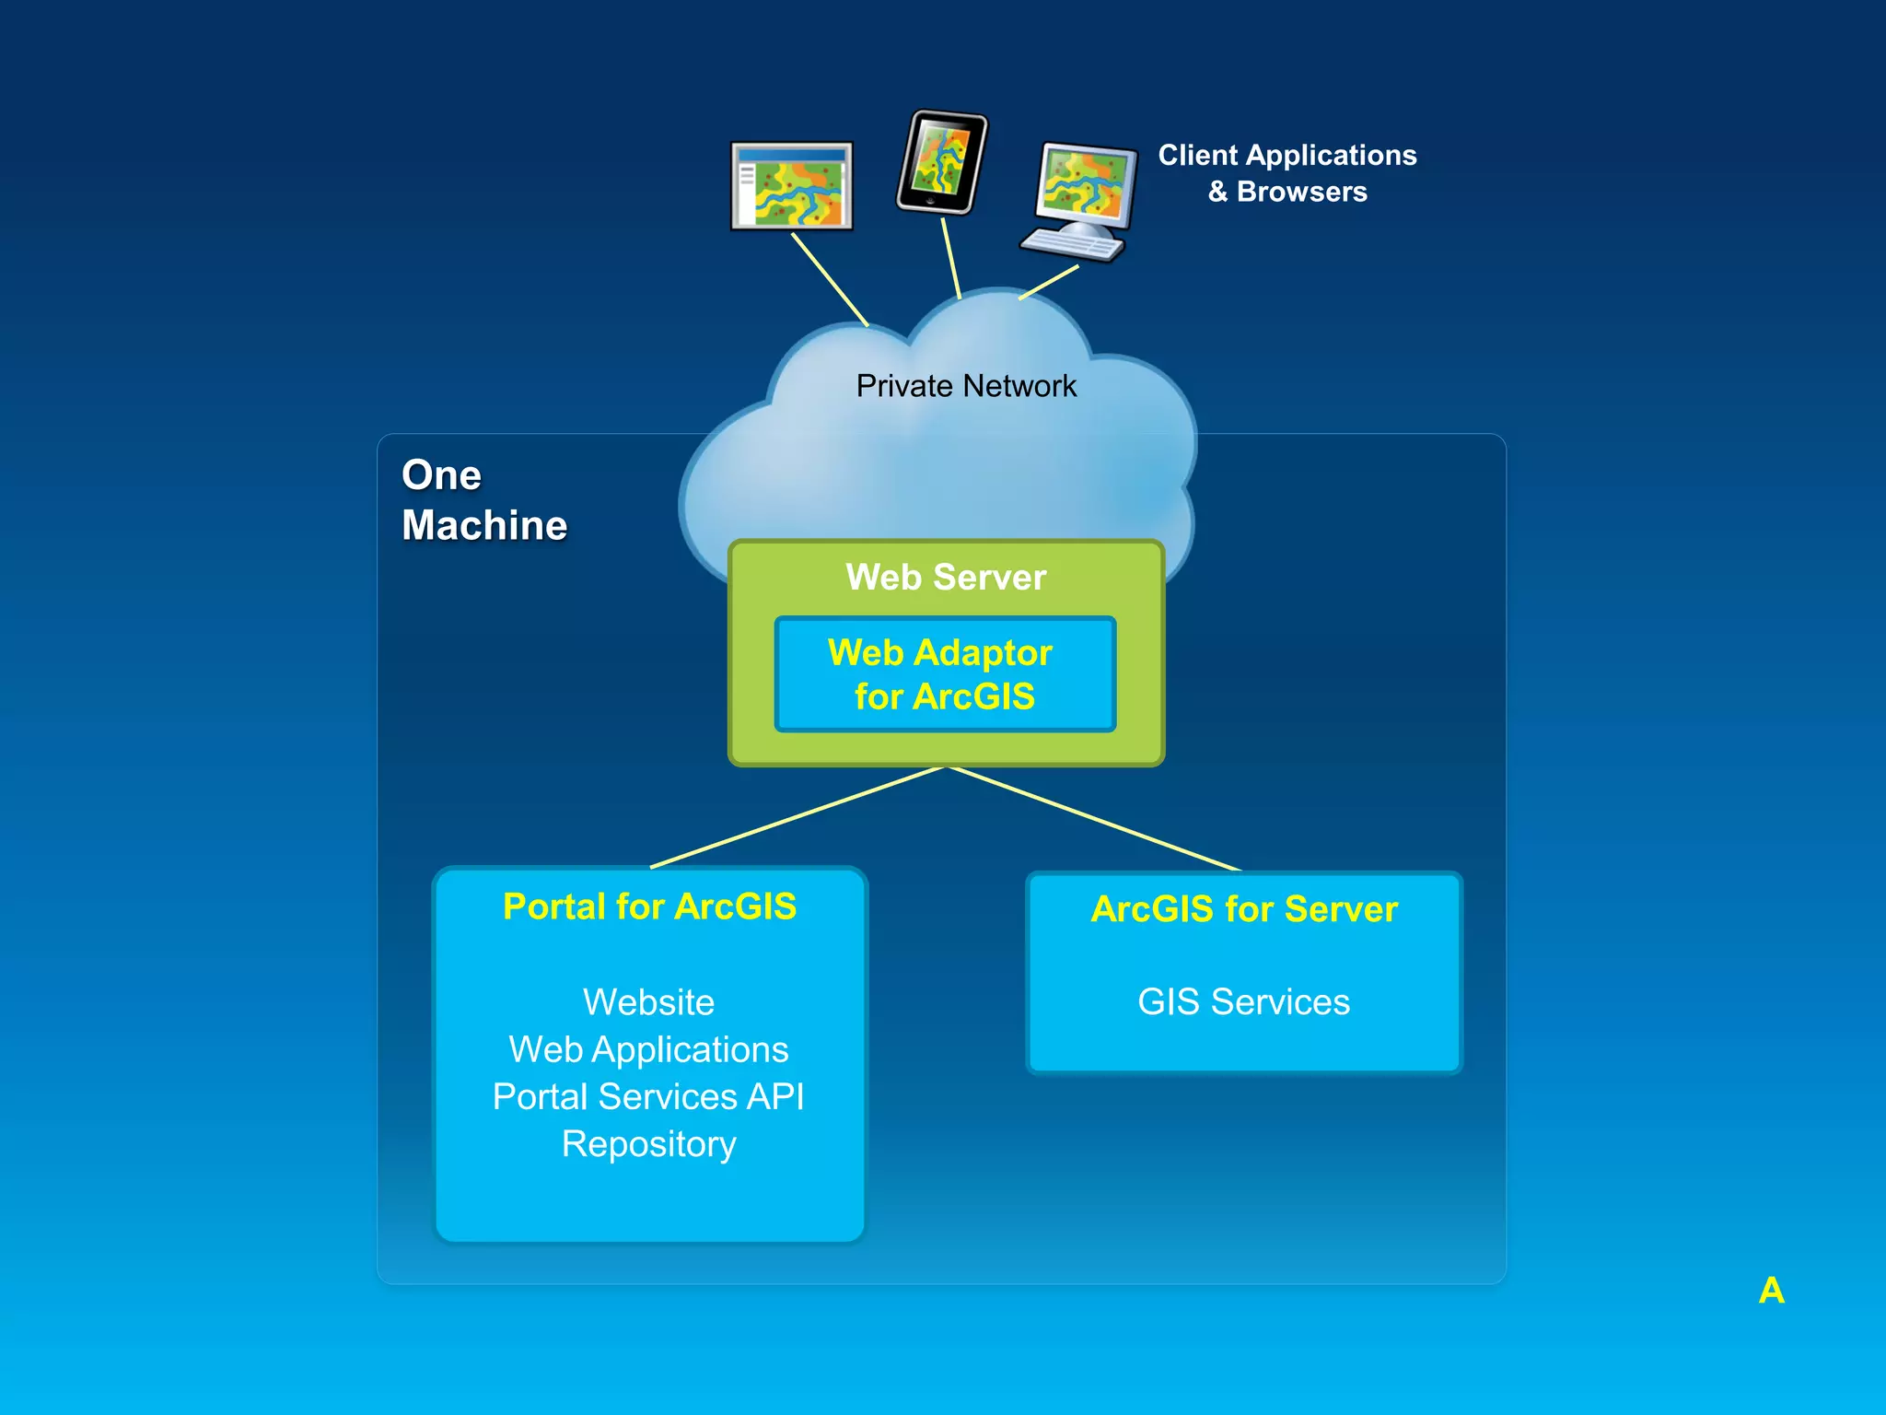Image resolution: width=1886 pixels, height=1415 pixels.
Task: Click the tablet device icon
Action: click(941, 162)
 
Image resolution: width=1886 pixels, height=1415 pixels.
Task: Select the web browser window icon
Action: click(792, 186)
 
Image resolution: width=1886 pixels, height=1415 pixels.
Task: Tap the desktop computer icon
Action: click(1079, 199)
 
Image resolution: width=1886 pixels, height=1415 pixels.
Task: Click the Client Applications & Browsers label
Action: click(1286, 173)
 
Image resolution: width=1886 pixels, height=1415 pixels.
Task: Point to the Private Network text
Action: click(966, 386)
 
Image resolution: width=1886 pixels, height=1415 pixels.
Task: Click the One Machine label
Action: click(483, 500)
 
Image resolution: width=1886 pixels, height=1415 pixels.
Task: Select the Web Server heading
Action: click(946, 578)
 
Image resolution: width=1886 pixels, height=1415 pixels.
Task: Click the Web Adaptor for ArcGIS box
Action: click(945, 674)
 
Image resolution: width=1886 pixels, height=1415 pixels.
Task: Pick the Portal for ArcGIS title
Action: click(649, 906)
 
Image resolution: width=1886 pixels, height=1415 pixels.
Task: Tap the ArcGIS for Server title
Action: click(1244, 909)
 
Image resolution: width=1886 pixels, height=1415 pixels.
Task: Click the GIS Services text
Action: click(1243, 1002)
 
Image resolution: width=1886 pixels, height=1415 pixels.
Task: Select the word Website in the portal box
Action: click(648, 1002)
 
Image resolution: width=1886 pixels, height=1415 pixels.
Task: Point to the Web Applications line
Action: click(648, 1049)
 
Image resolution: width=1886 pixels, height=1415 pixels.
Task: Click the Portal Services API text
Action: click(648, 1097)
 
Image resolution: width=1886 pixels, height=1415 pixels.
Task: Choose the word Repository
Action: click(648, 1144)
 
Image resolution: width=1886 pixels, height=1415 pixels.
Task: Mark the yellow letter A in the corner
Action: click(1771, 1291)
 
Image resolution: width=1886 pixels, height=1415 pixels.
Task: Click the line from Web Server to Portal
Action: click(797, 817)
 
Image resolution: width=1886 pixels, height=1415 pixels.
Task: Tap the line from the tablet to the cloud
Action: click(951, 259)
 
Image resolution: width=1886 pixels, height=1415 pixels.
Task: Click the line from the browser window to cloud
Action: click(830, 279)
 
